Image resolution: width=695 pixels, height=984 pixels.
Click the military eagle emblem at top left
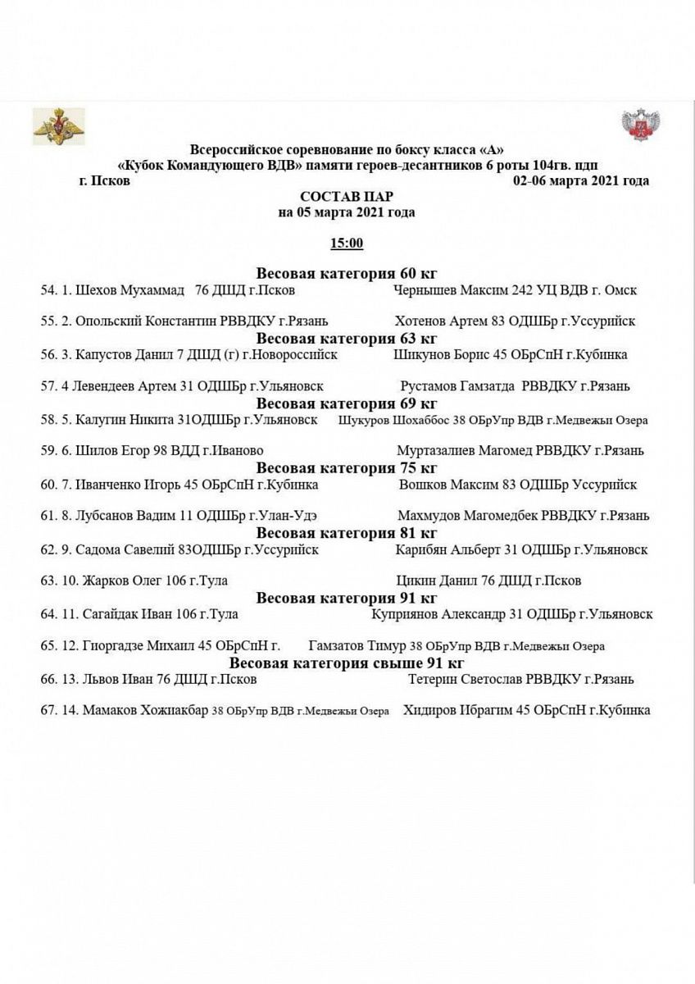58,125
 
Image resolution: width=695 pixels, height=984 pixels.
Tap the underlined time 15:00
347,244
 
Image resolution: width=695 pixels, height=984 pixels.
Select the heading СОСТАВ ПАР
347,197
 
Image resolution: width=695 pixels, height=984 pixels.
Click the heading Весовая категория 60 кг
347,274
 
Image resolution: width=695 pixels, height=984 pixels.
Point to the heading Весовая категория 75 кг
347,468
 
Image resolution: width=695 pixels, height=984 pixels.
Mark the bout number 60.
48,485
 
